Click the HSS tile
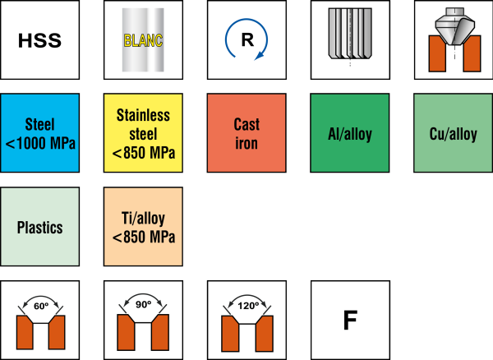click(40, 39)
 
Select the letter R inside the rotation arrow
click(246, 39)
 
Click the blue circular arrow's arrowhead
click(260, 55)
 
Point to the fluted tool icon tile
click(350, 39)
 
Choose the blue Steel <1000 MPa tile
click(40, 133)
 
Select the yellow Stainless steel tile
click(144, 133)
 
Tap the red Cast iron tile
click(246, 133)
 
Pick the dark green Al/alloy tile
click(350, 133)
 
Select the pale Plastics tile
click(40, 227)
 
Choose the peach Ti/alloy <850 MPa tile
click(144, 227)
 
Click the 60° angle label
click(40, 305)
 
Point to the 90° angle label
click(144, 305)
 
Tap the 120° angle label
click(246, 305)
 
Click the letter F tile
click(350, 321)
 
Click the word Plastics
click(40, 228)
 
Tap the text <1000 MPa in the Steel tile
click(40, 144)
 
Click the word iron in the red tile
click(246, 142)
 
